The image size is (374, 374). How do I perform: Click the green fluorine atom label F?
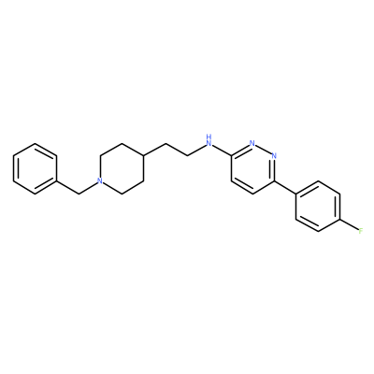pyautogui.click(x=361, y=231)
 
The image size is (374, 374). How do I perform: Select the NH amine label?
pyautogui.click(x=209, y=141)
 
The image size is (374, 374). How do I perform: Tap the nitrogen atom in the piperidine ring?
pyautogui.click(x=99, y=180)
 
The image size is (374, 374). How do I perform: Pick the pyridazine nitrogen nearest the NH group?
pyautogui.click(x=252, y=143)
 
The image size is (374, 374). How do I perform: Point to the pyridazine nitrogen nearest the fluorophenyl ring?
pyautogui.click(x=274, y=156)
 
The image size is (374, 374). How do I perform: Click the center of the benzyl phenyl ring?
pyautogui.click(x=35, y=168)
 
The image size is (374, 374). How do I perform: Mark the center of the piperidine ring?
pyautogui.click(x=122, y=168)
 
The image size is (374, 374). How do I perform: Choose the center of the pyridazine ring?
pyautogui.click(x=252, y=168)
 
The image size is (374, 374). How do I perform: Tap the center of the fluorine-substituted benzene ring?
pyautogui.click(x=318, y=207)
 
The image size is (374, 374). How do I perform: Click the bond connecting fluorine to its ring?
pyautogui.click(x=349, y=225)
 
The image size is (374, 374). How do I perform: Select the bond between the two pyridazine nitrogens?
pyautogui.click(x=263, y=150)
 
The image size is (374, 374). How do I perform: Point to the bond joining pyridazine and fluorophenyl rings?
pyautogui.click(x=285, y=187)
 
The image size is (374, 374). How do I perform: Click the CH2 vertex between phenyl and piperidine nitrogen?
pyautogui.click(x=79, y=194)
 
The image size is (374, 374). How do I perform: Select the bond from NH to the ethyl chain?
pyautogui.click(x=196, y=150)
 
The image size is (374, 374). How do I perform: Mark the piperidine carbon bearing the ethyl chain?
pyautogui.click(x=143, y=156)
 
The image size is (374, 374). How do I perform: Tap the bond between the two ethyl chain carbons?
pyautogui.click(x=176, y=150)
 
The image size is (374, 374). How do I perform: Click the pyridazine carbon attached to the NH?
pyautogui.click(x=231, y=156)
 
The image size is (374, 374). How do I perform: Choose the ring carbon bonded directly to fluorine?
pyautogui.click(x=339, y=219)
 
